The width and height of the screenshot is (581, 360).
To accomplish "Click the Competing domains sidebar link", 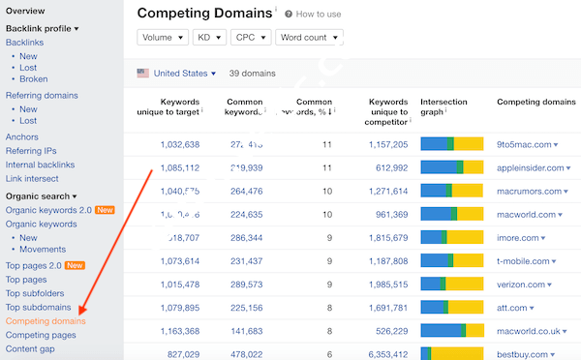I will [x=46, y=320].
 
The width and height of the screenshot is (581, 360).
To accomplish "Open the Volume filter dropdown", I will [x=162, y=38].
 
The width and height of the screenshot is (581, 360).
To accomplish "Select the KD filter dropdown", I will [x=208, y=38].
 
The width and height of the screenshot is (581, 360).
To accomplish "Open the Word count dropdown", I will [x=308, y=38].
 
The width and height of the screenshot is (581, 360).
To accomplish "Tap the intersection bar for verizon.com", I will [x=451, y=285].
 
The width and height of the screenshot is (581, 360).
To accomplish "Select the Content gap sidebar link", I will [x=31, y=348].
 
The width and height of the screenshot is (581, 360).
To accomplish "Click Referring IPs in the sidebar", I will [x=31, y=151].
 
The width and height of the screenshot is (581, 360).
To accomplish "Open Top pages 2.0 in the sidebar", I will [x=37, y=265].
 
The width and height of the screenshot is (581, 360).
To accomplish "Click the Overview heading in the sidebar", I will [x=25, y=11].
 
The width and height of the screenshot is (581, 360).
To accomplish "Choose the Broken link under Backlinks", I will [x=33, y=79].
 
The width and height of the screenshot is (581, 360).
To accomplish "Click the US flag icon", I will [x=143, y=74].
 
